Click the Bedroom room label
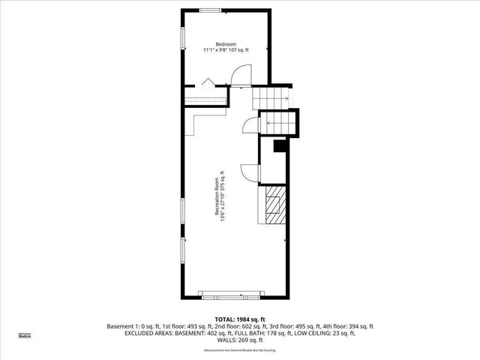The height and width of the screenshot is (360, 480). (226, 43)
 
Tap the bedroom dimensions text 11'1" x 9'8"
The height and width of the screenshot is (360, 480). (226, 50)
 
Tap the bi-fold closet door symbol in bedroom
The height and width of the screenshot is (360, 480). (209, 81)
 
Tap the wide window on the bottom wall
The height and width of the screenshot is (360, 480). (229, 293)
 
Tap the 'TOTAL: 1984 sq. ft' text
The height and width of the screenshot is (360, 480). (239, 319)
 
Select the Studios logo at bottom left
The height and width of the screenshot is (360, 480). (25, 336)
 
